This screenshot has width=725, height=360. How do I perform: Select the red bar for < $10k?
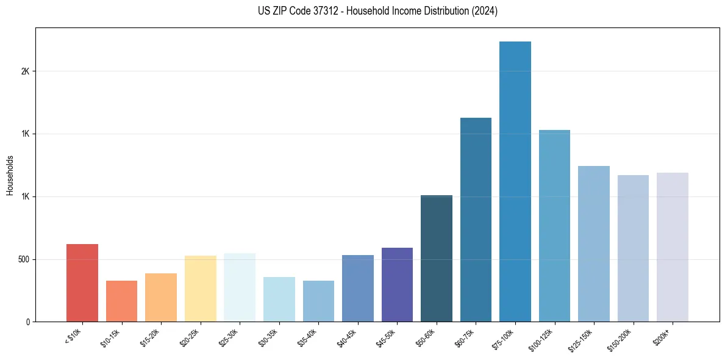[x=82, y=283]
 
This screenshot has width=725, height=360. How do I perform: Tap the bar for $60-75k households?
[x=476, y=220]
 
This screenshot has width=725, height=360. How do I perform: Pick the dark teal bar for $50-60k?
[x=437, y=259]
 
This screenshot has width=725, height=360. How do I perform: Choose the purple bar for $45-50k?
[x=397, y=285]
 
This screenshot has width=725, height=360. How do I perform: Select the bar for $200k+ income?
[x=673, y=247]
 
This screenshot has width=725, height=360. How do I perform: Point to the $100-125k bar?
[x=554, y=226]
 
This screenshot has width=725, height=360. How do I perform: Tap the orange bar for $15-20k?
[x=161, y=298]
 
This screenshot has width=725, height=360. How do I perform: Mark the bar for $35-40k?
[x=318, y=301]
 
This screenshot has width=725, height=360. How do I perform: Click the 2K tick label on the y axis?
[x=25, y=71]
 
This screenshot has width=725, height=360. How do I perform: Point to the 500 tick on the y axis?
[x=23, y=259]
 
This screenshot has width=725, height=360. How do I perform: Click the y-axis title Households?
[x=10, y=175]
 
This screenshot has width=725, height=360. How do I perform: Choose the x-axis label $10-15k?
[x=110, y=338]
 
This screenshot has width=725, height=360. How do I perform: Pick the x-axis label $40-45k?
[x=346, y=338]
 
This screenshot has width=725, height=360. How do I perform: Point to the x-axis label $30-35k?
[x=268, y=338]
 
